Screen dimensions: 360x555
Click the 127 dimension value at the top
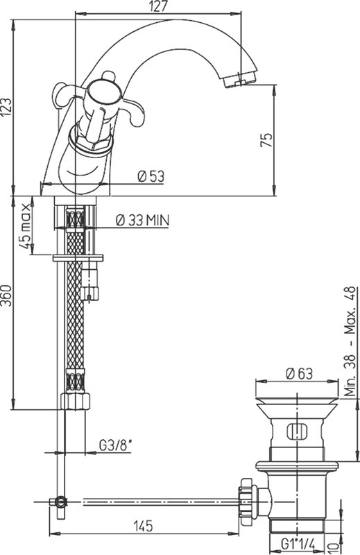point(158,7)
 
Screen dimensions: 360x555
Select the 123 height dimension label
point(6,107)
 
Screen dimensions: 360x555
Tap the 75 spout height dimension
point(266,140)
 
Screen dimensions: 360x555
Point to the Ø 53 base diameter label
point(151,176)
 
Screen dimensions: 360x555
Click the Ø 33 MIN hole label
point(143,220)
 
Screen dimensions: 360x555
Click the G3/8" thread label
point(115,445)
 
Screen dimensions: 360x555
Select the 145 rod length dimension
point(143,526)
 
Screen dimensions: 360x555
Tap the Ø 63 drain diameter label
point(300,373)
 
